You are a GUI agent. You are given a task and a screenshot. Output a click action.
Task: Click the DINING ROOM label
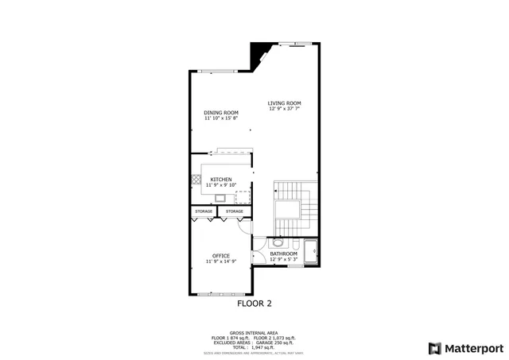(x=221, y=113)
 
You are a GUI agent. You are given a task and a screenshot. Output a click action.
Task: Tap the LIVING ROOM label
(x=284, y=103)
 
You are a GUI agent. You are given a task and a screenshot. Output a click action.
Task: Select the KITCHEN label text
(x=221, y=180)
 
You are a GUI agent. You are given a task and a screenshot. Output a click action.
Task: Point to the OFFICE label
(x=221, y=255)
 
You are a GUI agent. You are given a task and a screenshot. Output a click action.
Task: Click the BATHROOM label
(x=284, y=254)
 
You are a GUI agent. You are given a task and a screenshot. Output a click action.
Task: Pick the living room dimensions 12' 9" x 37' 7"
(x=284, y=109)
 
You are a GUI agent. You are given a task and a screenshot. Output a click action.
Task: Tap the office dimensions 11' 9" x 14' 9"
(x=221, y=261)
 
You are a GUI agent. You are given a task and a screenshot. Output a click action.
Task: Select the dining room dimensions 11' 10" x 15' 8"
(x=221, y=118)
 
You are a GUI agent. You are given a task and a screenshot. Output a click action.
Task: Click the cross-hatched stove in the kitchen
(x=195, y=180)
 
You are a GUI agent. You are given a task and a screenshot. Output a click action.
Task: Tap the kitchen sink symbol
(x=220, y=198)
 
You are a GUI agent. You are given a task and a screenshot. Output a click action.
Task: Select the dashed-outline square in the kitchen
(x=240, y=196)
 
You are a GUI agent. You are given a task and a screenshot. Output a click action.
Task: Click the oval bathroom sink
(x=278, y=243)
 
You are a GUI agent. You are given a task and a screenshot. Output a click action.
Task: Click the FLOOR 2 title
(x=254, y=303)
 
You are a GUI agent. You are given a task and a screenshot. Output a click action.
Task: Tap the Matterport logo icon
(x=433, y=347)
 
